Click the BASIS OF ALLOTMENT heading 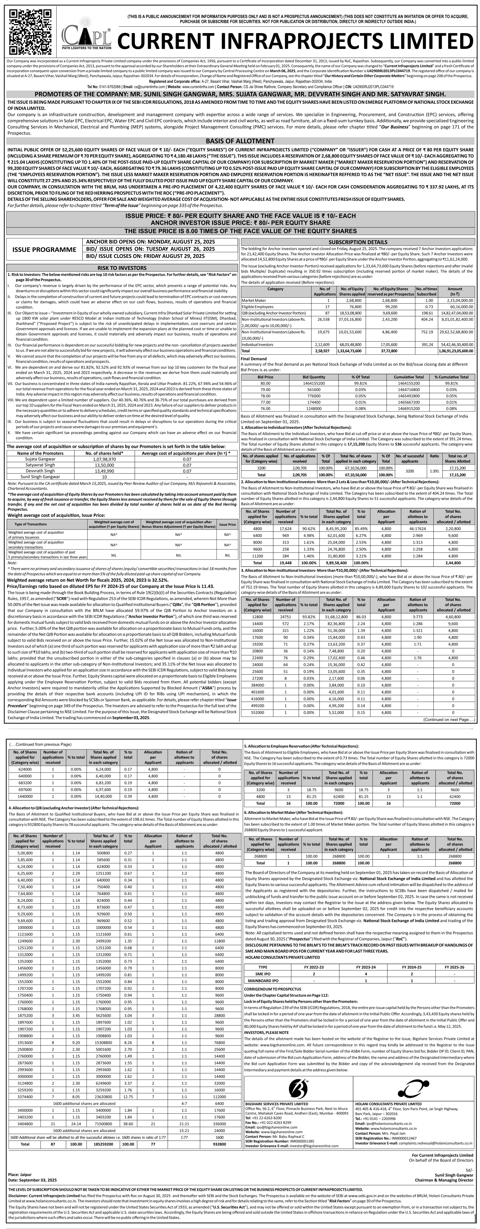coord(240,141)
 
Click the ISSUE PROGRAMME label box coord(44,249)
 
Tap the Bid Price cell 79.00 coord(265,389)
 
